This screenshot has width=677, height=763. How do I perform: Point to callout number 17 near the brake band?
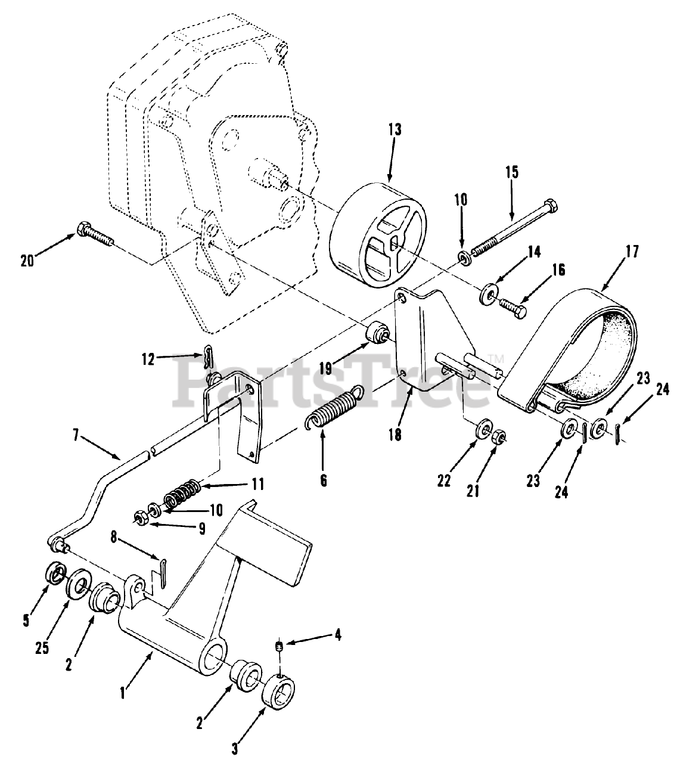click(632, 252)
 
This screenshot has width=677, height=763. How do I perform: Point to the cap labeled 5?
click(56, 574)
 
